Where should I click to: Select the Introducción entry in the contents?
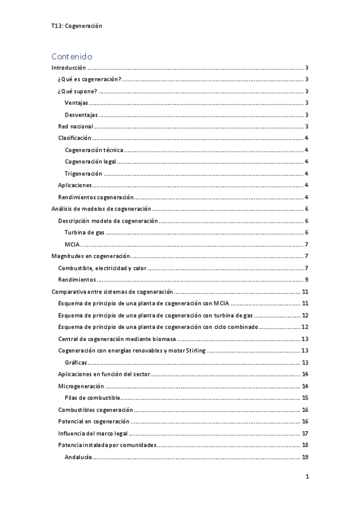coord(69,69)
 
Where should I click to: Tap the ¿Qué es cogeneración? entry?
coord(89,80)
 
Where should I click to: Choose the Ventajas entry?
coord(77,103)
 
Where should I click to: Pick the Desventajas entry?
coord(82,115)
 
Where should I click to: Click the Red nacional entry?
coord(75,126)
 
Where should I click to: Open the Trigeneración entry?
coord(83,174)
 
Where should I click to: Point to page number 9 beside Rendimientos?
coord(307,280)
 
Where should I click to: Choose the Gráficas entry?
coord(76,362)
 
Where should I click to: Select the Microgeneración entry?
coord(81,386)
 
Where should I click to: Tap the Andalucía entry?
coord(78,457)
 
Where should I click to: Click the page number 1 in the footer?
coord(307,477)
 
